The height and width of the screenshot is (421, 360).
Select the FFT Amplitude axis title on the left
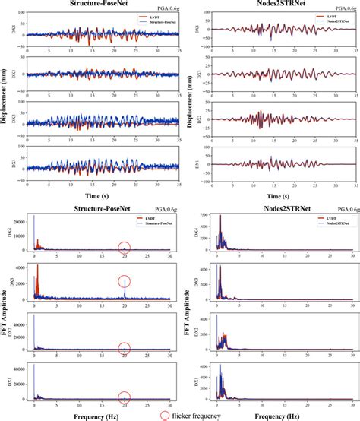(5, 312)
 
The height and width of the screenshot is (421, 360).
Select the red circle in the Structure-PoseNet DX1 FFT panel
(125, 396)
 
